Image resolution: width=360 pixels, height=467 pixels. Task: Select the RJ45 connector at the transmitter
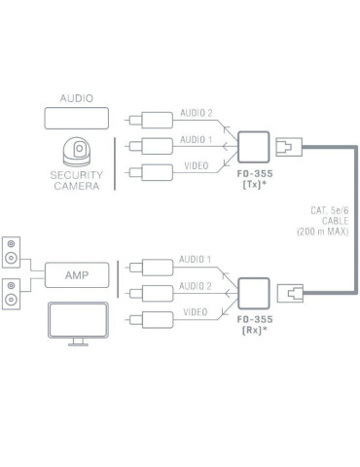tap(287, 147)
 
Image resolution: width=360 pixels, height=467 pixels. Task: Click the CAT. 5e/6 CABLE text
tap(324, 218)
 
